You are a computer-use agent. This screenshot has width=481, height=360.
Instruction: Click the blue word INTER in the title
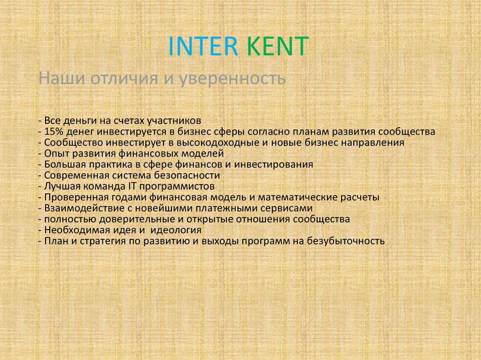click(x=203, y=47)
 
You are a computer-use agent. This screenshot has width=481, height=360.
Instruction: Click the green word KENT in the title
click(x=277, y=47)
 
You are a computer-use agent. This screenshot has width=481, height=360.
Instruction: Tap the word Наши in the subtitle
click(x=58, y=77)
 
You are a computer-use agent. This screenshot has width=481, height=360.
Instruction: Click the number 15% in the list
click(x=54, y=131)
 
